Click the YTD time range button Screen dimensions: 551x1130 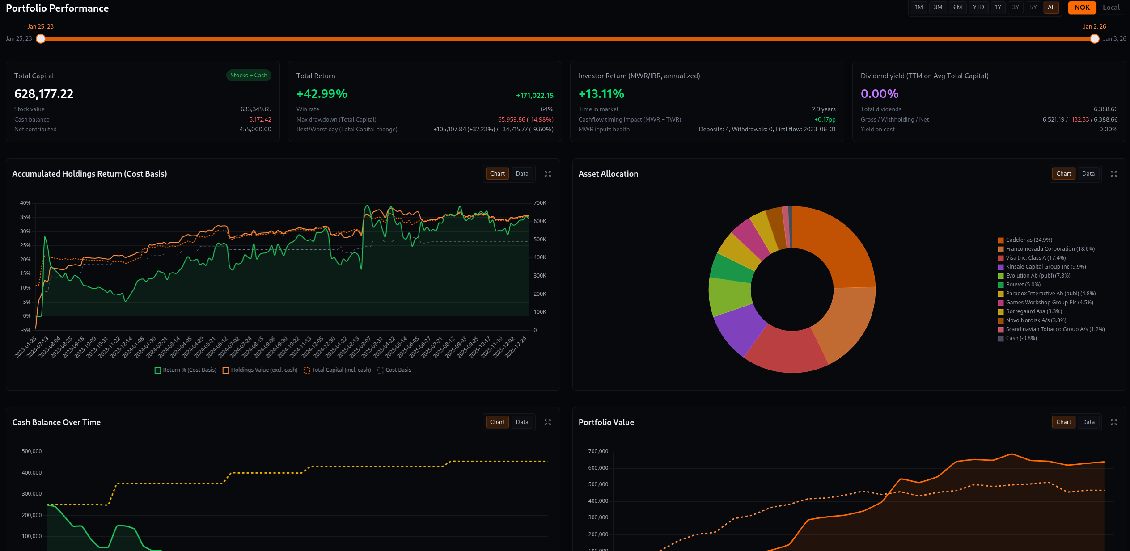(x=978, y=8)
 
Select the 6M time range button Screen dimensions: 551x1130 (x=957, y=8)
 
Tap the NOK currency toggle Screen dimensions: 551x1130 (x=1082, y=8)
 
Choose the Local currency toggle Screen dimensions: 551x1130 (x=1111, y=8)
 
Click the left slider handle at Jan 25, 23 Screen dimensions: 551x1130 (x=41, y=39)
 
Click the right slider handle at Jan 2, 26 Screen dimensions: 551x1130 (x=1094, y=39)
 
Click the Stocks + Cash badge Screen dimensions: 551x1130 (x=249, y=76)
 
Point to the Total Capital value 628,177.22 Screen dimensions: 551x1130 (x=44, y=94)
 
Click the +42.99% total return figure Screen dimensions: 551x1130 (x=322, y=94)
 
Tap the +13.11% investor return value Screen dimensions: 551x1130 (x=601, y=94)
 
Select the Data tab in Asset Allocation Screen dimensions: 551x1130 (x=1088, y=174)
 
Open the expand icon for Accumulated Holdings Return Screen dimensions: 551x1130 (x=547, y=174)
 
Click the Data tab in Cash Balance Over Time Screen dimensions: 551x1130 (x=522, y=422)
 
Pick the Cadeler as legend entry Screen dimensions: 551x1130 (x=1028, y=240)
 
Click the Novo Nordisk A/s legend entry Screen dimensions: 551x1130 (x=1036, y=320)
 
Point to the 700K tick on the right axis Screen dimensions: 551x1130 (x=540, y=203)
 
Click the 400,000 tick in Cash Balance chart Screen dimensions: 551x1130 (x=32, y=473)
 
